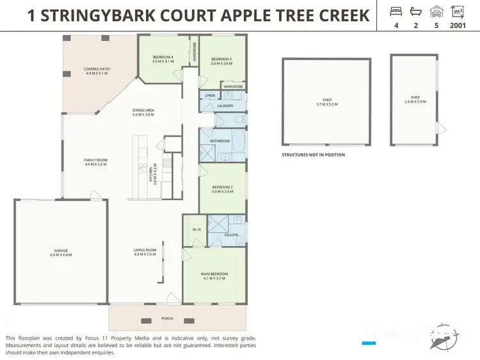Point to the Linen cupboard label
coord(209,96)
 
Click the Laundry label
coord(225,106)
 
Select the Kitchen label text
coord(152,175)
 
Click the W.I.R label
coord(196,230)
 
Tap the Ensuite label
coord(231,235)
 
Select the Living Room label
coord(145,251)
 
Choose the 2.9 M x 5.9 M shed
coord(413,100)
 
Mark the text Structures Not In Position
coord(313,155)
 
